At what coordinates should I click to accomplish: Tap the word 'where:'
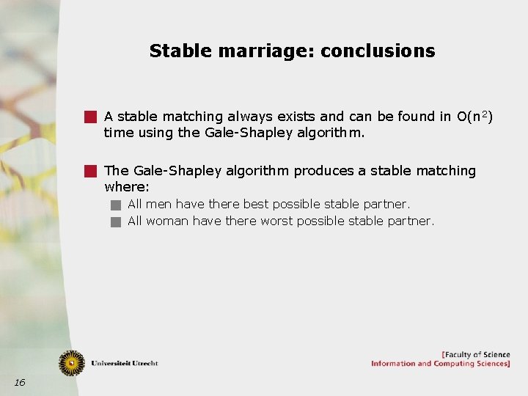(x=127, y=188)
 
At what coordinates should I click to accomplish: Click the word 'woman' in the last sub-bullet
(x=167, y=221)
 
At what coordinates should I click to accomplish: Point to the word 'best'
(x=256, y=204)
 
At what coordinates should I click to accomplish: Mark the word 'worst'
(x=277, y=221)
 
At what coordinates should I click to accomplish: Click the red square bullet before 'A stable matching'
(x=89, y=116)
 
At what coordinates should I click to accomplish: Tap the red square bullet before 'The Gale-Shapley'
(x=89, y=171)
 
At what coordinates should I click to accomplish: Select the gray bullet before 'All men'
(x=115, y=205)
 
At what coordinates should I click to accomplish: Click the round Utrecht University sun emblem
(x=72, y=362)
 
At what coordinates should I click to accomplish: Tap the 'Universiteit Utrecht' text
(x=124, y=363)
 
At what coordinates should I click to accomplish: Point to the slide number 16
(x=19, y=382)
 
